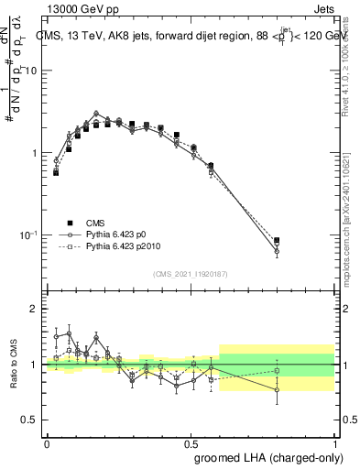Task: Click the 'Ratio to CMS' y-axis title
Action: tap(13, 364)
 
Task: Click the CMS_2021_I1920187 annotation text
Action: tap(190, 273)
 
